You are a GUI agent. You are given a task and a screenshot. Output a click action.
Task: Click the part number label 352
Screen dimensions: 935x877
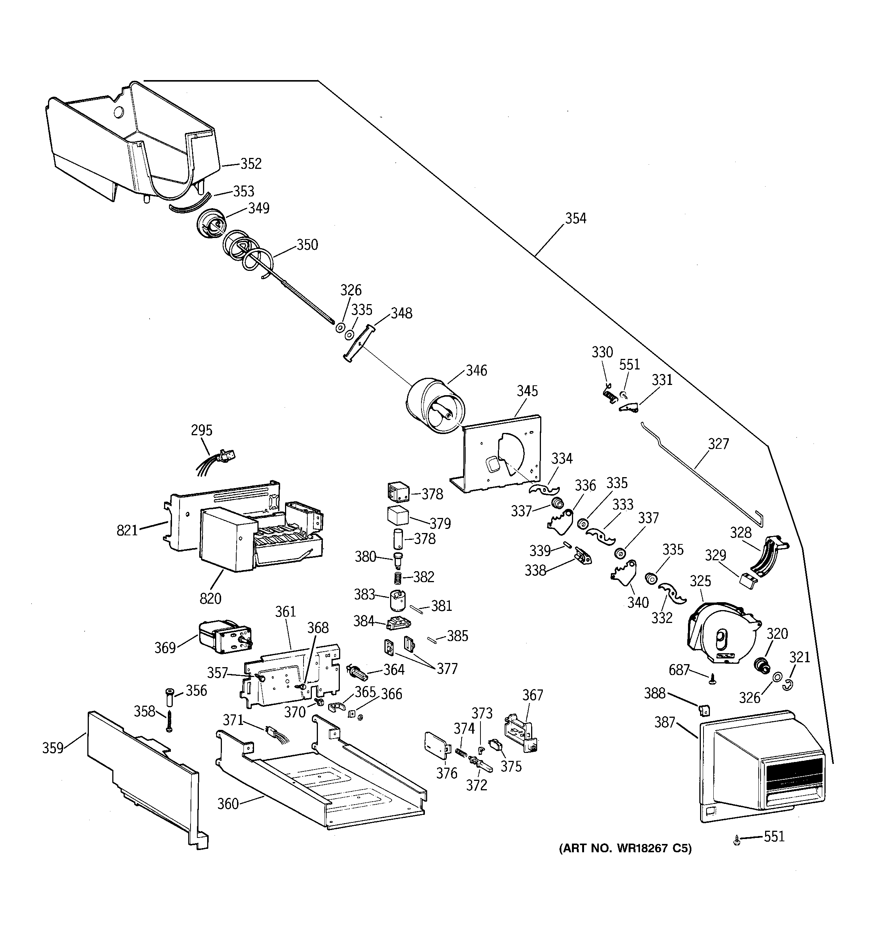pyautogui.click(x=251, y=164)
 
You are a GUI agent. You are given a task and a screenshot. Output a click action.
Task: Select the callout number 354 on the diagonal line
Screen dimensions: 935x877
pyautogui.click(x=576, y=218)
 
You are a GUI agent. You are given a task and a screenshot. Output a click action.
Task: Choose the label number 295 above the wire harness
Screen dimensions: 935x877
pyautogui.click(x=201, y=430)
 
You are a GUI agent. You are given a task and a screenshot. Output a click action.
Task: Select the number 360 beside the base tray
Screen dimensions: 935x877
pyautogui.click(x=228, y=804)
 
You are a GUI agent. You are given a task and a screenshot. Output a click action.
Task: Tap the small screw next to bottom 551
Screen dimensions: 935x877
pyautogui.click(x=737, y=841)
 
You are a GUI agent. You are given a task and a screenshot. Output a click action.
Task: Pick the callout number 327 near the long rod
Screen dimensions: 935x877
pyautogui.click(x=718, y=444)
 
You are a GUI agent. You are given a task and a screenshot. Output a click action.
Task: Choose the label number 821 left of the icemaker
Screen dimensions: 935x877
pyautogui.click(x=127, y=530)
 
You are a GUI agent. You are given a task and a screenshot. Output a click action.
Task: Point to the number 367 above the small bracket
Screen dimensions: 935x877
pyautogui.click(x=532, y=695)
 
